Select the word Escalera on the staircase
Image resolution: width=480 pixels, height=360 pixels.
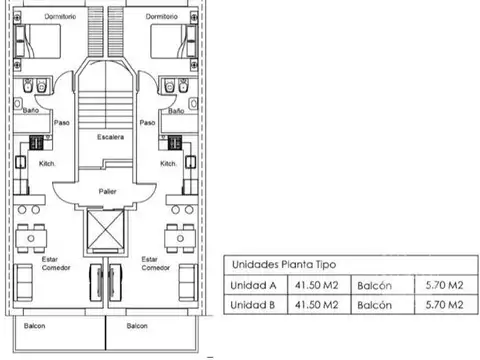[110, 136]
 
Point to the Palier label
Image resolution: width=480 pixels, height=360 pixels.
[109, 189]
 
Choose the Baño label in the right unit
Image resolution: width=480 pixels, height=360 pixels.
[176, 111]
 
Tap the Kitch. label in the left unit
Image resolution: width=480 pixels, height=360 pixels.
[46, 162]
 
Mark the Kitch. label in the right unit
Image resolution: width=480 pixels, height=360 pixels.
[169, 162]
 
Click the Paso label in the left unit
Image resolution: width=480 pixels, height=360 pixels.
[61, 124]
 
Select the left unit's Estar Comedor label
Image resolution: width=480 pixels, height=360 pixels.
[50, 263]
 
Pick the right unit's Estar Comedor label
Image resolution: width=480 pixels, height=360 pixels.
[155, 263]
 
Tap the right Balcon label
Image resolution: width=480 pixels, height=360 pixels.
[138, 327]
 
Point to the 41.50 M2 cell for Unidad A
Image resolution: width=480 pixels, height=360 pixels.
[315, 285]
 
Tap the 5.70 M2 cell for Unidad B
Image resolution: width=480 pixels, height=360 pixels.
[441, 306]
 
